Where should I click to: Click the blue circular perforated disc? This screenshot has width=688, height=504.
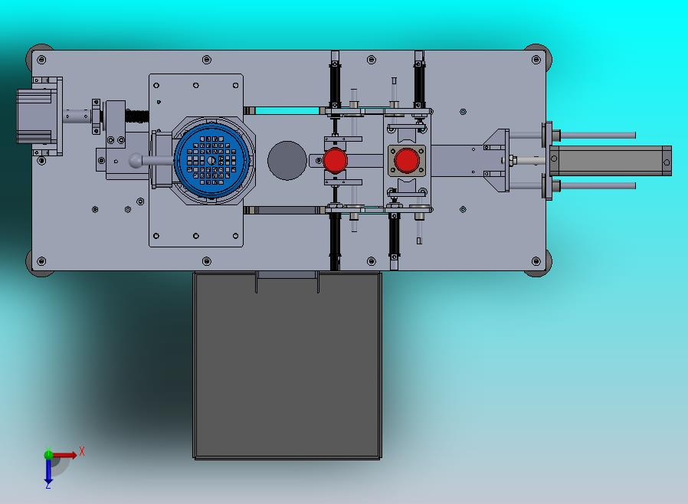click(x=211, y=160)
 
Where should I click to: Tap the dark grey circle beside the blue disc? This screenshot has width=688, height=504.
click(x=287, y=161)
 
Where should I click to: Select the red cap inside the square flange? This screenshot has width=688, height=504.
click(x=406, y=161)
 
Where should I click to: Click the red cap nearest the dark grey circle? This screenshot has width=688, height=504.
click(x=336, y=161)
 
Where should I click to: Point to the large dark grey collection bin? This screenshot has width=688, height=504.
click(x=287, y=365)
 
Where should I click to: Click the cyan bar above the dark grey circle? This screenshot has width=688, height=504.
click(x=287, y=110)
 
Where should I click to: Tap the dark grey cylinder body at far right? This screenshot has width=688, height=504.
click(x=611, y=161)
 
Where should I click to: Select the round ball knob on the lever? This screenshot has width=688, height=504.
click(x=136, y=161)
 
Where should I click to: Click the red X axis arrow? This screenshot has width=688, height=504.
click(x=64, y=455)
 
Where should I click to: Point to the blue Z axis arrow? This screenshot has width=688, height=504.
click(x=48, y=470)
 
